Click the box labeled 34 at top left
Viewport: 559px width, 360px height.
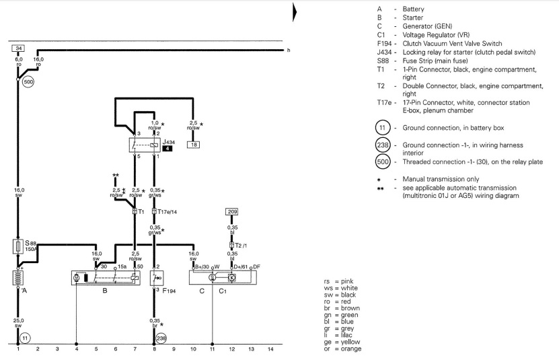(x=18, y=48)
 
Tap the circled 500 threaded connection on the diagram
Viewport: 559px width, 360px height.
(x=29, y=81)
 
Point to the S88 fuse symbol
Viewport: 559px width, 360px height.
(x=18, y=246)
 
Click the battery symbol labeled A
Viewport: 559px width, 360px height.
(x=18, y=278)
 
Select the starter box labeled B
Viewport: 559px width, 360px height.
(x=107, y=278)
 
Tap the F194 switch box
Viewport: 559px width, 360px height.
(x=157, y=278)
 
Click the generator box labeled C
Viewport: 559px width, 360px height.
(x=223, y=278)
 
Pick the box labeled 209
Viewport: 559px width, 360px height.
(x=232, y=211)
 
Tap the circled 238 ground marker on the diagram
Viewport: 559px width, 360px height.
(x=161, y=337)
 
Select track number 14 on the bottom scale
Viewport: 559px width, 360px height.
(x=270, y=349)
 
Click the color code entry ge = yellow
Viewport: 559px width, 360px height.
(x=342, y=341)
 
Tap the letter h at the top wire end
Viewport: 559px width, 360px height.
(x=288, y=50)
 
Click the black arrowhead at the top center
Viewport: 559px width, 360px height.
(x=295, y=11)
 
